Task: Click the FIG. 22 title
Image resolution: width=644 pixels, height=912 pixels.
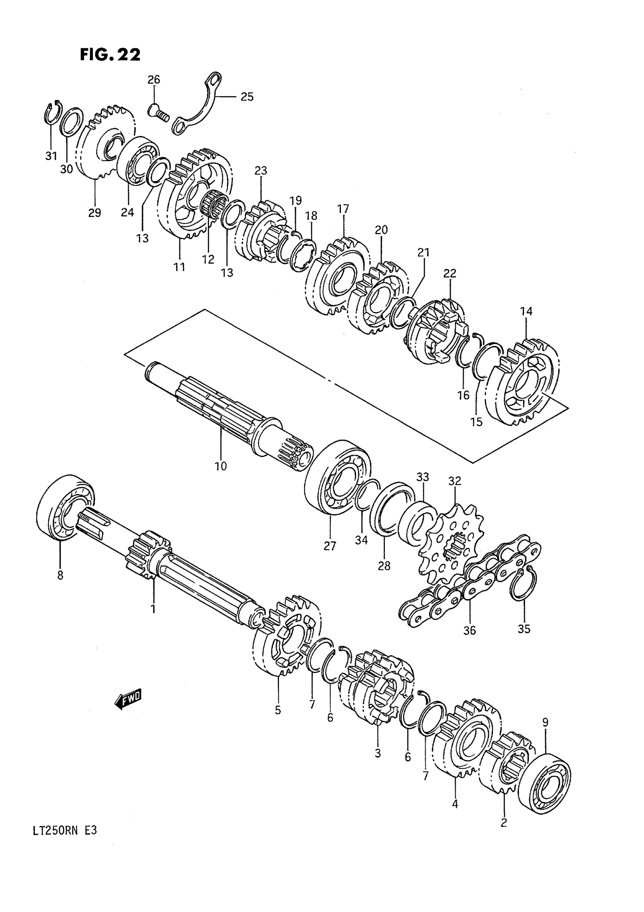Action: click(x=110, y=55)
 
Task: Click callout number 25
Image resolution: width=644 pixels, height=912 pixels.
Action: click(x=247, y=97)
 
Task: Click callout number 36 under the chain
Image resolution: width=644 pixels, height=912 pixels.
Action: click(x=469, y=630)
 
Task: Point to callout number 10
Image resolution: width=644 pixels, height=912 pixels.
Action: click(x=220, y=466)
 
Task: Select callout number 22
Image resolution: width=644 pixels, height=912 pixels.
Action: click(x=450, y=273)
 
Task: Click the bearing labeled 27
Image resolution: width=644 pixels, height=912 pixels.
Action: click(x=338, y=478)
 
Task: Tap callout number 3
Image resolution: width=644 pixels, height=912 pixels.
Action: click(x=378, y=753)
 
